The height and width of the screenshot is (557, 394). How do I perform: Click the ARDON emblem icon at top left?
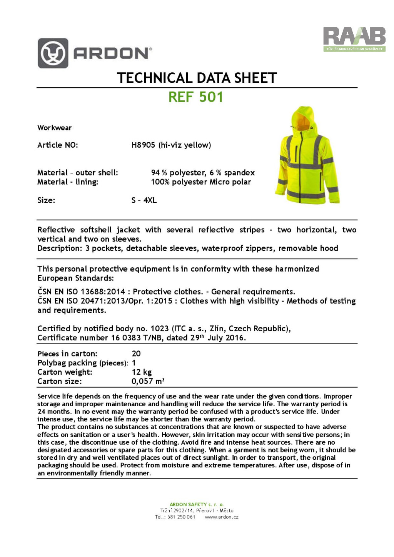click(53, 53)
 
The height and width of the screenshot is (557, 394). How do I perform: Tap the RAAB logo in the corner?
click(354, 38)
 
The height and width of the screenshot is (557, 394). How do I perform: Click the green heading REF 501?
click(196, 97)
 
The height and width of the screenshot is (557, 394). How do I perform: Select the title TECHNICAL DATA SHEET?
click(197, 78)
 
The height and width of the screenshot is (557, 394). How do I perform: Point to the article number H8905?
click(143, 145)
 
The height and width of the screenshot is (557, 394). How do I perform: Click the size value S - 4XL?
click(144, 200)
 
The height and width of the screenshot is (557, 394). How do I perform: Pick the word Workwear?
click(54, 128)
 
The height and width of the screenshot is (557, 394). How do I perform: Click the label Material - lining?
click(68, 182)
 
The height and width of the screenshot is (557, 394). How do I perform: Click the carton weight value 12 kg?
click(142, 372)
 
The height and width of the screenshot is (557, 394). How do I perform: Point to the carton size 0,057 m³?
click(148, 381)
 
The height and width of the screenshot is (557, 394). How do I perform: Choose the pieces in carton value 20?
click(136, 354)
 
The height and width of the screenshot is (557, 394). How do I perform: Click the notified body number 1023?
click(160, 329)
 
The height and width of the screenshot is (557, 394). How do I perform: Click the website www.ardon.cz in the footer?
click(221, 517)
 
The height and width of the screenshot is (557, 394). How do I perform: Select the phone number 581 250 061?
click(181, 517)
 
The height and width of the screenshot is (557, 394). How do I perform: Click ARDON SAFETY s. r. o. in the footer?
click(197, 504)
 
